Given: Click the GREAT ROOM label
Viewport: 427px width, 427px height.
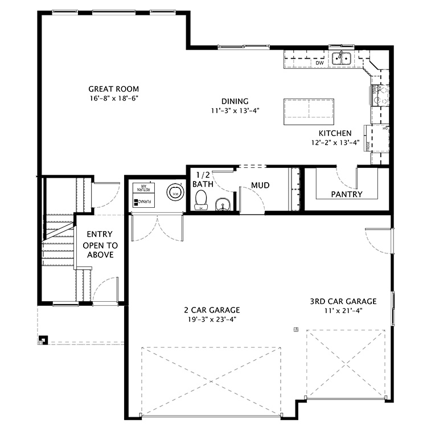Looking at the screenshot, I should tap(113, 89).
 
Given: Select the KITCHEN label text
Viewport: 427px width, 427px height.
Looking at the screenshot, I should tap(335, 133).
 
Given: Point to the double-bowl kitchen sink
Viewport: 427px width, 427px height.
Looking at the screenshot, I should tap(342, 57).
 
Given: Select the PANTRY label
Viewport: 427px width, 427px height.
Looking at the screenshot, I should tap(347, 194).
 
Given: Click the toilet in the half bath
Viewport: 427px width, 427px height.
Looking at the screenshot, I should tap(200, 200).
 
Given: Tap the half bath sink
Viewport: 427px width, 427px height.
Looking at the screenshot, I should tap(222, 203).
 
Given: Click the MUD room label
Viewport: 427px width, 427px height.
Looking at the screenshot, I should tap(260, 186).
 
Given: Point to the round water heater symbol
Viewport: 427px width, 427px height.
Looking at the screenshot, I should tap(175, 192).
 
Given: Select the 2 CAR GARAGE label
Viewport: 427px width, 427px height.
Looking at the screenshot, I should tap(212, 310).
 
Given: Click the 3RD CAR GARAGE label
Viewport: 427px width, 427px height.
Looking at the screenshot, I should tap(343, 301).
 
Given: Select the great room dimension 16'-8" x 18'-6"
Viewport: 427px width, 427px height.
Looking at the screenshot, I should tap(113, 98).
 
